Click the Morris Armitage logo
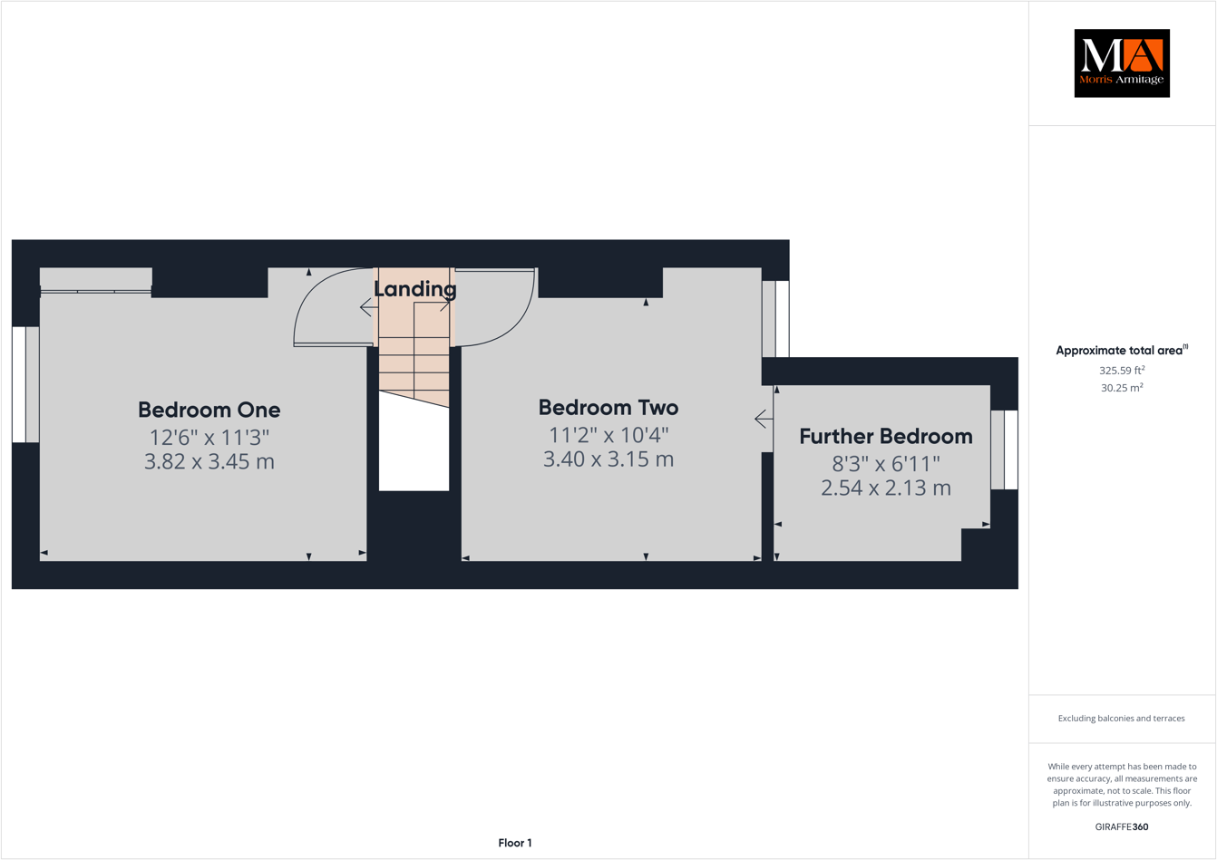(x=1122, y=63)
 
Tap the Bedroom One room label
(x=209, y=410)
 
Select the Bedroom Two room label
(x=608, y=407)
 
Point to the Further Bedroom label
(x=885, y=436)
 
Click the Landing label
(x=414, y=289)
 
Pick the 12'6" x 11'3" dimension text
(x=209, y=438)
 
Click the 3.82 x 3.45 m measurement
(x=209, y=461)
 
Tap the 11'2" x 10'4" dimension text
(x=608, y=434)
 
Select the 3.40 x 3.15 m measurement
(x=608, y=459)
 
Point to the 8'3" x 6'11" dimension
(x=885, y=464)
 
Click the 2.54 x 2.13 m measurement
(x=885, y=488)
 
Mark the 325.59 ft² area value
(x=1122, y=370)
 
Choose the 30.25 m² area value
(x=1122, y=387)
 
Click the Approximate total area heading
(x=1122, y=350)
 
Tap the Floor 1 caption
(x=515, y=843)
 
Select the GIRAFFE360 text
(x=1122, y=826)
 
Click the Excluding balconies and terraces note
(x=1121, y=719)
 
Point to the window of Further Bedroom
(x=1004, y=450)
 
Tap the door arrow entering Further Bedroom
(x=763, y=419)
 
